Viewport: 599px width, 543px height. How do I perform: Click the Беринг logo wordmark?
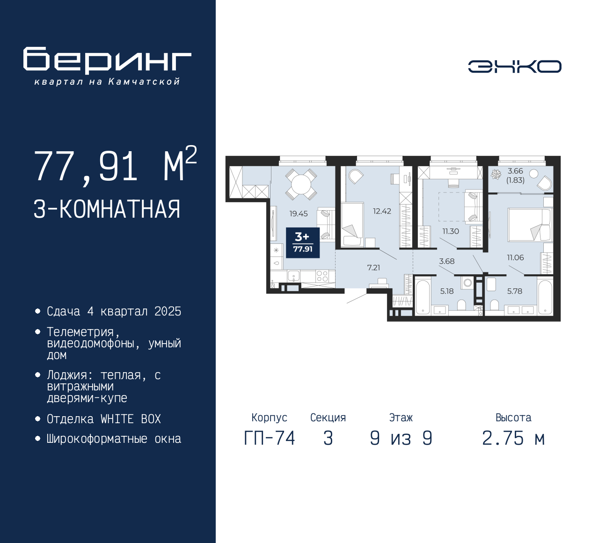click(x=107, y=60)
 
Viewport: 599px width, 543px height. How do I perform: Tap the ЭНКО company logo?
click(x=514, y=66)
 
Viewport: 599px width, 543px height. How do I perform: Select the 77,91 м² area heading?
click(x=115, y=166)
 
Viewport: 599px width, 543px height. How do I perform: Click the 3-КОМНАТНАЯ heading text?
click(x=107, y=209)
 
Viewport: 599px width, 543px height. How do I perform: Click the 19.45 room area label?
click(x=298, y=213)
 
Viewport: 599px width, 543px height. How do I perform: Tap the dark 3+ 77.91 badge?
click(x=303, y=242)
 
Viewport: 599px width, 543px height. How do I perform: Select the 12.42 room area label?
click(x=382, y=211)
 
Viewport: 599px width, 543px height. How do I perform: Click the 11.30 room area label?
click(x=451, y=231)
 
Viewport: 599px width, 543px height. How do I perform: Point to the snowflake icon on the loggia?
click(x=496, y=175)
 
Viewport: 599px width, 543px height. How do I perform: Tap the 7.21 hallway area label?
click(x=373, y=268)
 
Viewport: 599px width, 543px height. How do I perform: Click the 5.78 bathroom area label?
click(x=514, y=291)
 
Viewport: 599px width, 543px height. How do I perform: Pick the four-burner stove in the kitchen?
click(x=322, y=276)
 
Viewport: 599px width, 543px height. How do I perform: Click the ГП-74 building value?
click(x=270, y=438)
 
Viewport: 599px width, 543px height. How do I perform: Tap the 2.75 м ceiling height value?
click(x=513, y=438)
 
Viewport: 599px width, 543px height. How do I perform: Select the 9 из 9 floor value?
click(x=401, y=438)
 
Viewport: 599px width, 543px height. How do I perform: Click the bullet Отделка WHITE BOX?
click(x=103, y=419)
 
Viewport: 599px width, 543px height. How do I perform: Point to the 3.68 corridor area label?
click(x=446, y=261)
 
